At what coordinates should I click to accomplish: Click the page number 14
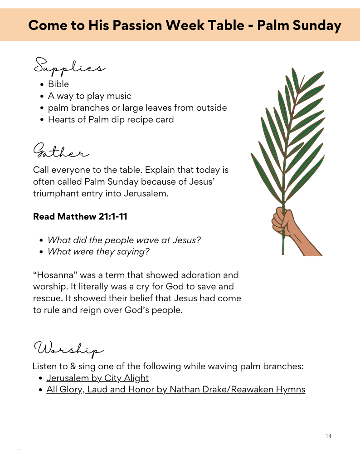328,436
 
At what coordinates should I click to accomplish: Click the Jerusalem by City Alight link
97,378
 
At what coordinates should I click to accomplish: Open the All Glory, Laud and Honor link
175,389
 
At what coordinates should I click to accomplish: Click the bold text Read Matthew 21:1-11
80,216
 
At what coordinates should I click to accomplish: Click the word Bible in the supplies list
58,84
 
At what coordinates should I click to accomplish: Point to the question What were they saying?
98,251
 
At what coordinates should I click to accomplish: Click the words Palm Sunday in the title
299,25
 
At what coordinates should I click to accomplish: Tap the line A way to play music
90,96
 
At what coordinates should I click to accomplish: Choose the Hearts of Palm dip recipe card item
111,120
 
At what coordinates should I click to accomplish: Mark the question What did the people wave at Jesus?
124,240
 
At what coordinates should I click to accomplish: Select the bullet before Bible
42,84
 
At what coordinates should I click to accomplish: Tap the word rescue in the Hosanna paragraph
47,299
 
